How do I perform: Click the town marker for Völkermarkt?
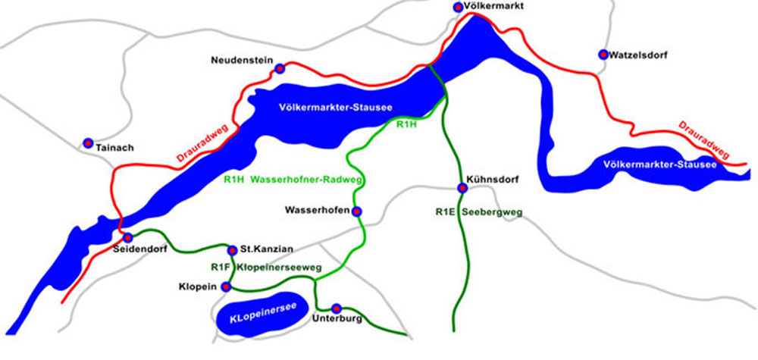458,7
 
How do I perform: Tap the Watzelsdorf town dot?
603,54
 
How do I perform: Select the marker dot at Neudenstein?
280,67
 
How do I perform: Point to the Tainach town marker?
88,142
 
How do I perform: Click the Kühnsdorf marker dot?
461,188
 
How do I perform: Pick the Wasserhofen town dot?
357,211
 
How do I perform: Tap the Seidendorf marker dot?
128,238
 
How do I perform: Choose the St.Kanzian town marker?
232,249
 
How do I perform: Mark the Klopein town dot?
225,286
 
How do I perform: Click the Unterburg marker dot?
337,308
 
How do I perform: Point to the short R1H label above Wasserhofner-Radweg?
408,125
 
